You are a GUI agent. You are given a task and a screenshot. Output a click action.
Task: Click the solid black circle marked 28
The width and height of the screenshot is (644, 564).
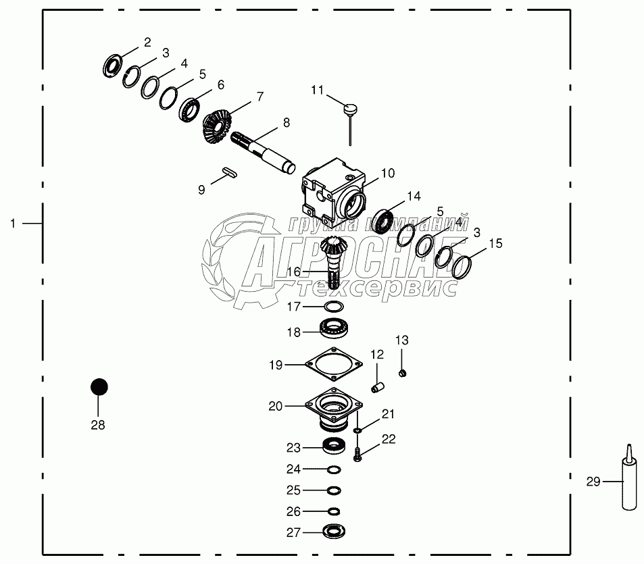[99, 386]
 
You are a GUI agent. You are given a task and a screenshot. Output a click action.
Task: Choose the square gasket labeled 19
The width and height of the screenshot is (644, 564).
[333, 365]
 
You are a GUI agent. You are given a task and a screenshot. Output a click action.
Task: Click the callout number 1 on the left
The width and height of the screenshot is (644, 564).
[12, 223]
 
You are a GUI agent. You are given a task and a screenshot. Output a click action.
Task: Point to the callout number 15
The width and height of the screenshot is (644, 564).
[495, 244]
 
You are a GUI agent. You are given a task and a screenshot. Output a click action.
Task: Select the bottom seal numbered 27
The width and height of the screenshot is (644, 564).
[333, 532]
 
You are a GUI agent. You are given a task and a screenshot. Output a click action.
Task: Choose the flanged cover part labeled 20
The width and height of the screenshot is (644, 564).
[332, 411]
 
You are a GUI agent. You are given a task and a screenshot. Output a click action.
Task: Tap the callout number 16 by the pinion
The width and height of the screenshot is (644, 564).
[293, 271]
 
